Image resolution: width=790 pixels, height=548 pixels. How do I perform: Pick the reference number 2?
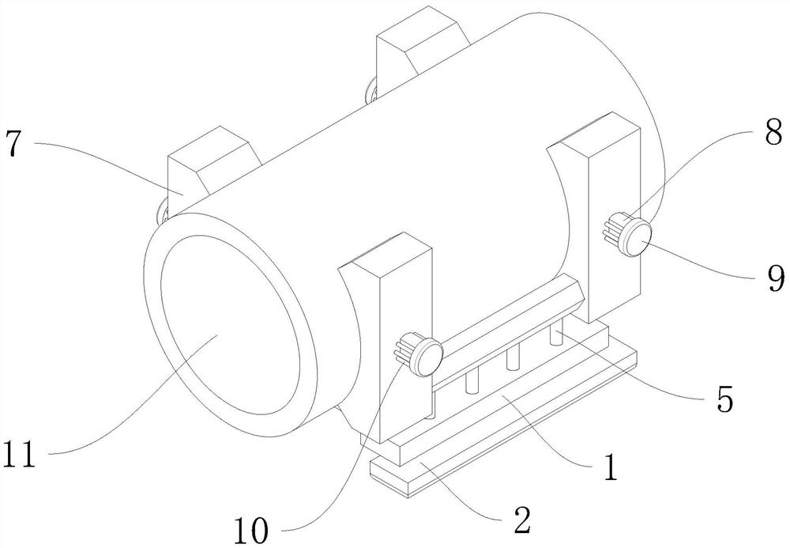coord(522,520)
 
